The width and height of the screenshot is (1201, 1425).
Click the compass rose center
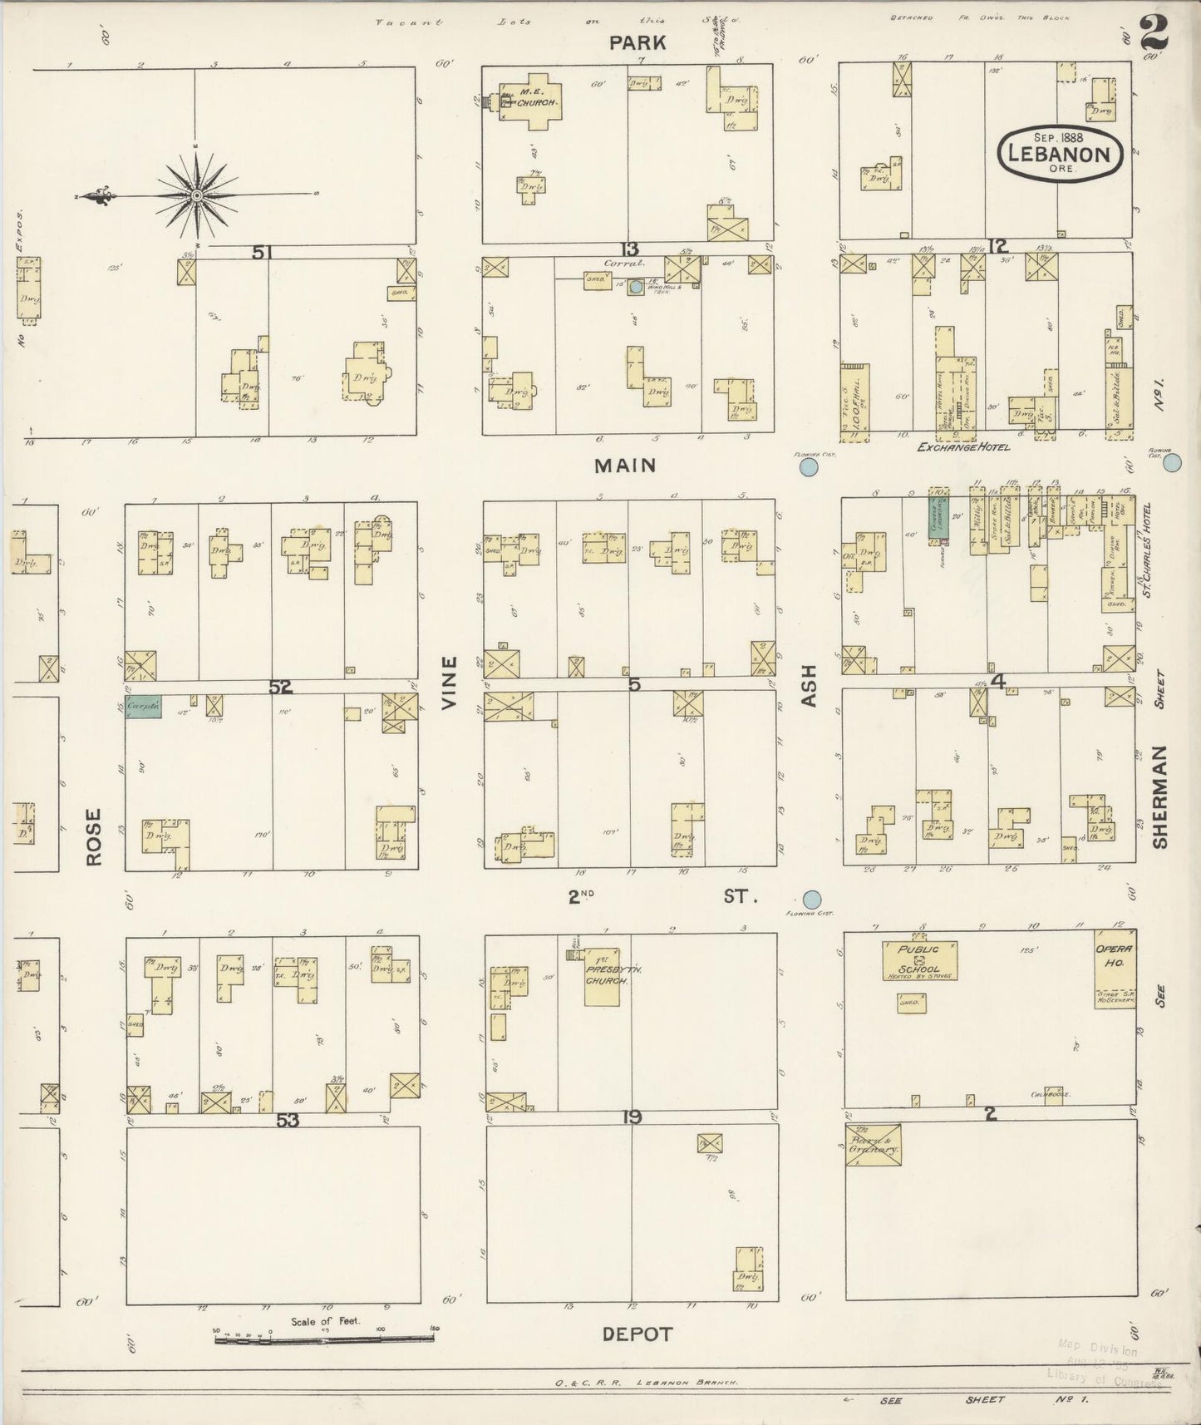tap(197, 196)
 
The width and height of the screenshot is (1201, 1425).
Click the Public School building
tap(918, 960)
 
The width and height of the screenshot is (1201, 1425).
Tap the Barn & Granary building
tap(873, 1146)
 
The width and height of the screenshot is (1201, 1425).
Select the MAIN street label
tap(626, 466)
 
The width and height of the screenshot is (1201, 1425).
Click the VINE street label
tap(450, 683)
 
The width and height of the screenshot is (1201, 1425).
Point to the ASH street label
tap(809, 686)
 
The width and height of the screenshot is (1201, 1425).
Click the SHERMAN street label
tap(1160, 796)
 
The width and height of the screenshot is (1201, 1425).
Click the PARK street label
tap(637, 43)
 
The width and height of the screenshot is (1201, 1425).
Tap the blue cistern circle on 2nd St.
tap(812, 900)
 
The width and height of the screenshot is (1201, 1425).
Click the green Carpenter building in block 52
tap(143, 707)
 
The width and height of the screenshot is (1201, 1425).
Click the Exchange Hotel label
tap(963, 447)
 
